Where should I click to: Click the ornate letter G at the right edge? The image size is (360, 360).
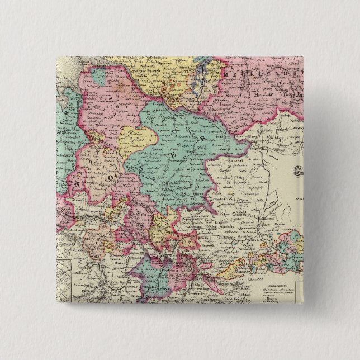coord(300,170)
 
